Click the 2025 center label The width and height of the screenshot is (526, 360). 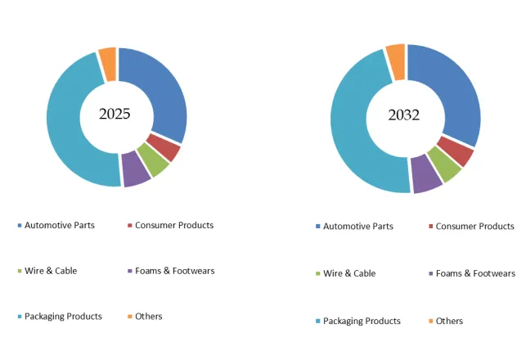(x=115, y=114)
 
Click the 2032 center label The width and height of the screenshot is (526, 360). (x=403, y=115)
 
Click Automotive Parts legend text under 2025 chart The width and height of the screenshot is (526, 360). (x=59, y=225)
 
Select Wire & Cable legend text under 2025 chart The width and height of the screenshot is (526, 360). (x=51, y=270)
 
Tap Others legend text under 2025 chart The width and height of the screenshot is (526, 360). (x=149, y=316)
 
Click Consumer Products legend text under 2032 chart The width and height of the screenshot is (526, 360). (x=474, y=226)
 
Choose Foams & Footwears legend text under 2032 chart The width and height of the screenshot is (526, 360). (x=475, y=273)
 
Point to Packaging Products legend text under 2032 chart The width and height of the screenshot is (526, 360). (x=362, y=321)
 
